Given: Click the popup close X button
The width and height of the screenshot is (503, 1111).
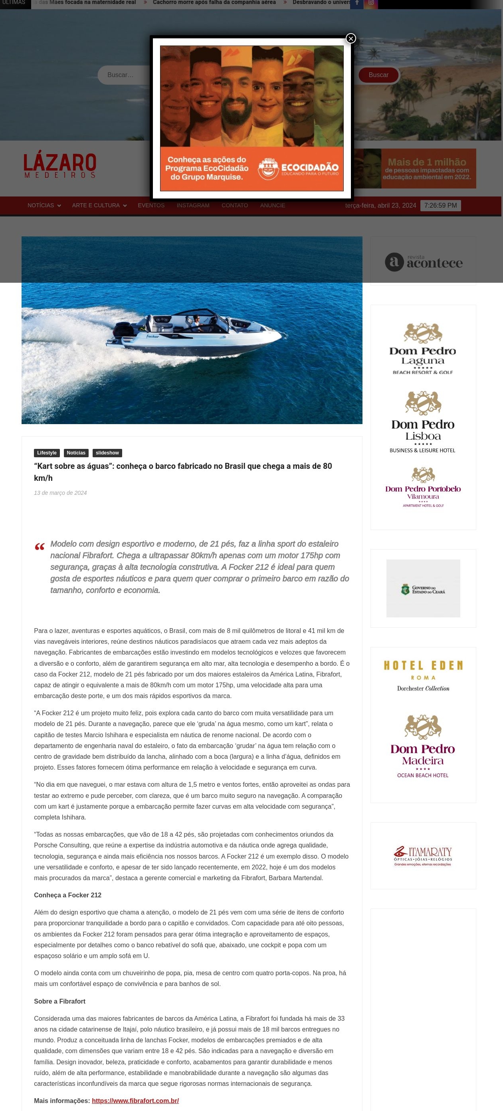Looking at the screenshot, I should click(x=351, y=39).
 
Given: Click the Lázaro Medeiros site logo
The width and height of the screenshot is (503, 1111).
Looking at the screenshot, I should click(x=60, y=166).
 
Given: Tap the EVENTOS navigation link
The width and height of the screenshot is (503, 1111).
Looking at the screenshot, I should click(x=151, y=205).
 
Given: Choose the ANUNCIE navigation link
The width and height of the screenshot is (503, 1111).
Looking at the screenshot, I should click(x=272, y=205).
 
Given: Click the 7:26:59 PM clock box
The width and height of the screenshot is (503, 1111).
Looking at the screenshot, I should click(x=440, y=206).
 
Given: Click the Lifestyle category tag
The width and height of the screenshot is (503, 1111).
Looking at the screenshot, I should click(x=47, y=453).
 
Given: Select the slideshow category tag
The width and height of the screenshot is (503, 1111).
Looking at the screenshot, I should click(x=107, y=453).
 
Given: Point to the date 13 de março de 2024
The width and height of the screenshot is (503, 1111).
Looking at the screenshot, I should click(x=60, y=493).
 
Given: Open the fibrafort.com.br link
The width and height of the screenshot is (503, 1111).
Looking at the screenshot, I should click(x=135, y=1101).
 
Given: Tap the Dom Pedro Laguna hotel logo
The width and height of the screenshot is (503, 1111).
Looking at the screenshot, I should click(x=423, y=349).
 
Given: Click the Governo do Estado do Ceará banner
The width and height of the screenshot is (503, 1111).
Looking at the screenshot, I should click(x=423, y=589).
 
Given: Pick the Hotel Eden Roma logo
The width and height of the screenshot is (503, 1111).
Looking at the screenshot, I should click(x=423, y=675).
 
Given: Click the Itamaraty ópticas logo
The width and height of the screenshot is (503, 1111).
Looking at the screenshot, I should click(x=423, y=856).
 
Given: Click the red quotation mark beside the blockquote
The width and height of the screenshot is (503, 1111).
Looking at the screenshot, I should click(x=40, y=547).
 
